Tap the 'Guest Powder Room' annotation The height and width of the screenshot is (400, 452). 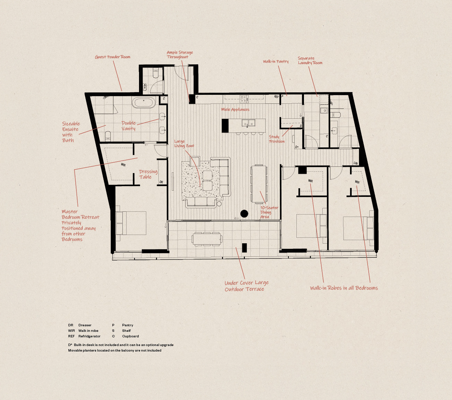[x=113, y=57]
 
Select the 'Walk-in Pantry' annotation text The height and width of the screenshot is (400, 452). [x=276, y=62]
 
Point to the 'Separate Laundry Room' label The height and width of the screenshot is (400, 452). [x=310, y=61]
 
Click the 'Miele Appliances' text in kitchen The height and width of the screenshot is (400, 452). [x=235, y=110]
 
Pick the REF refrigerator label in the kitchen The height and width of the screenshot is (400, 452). [x=276, y=97]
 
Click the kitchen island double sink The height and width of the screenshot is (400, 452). [x=249, y=123]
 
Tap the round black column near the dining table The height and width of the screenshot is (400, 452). [x=245, y=213]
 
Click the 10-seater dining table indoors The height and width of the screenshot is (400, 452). [x=259, y=184]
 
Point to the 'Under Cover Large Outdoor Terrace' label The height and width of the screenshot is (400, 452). [x=246, y=286]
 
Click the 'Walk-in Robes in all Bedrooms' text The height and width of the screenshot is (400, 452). [x=344, y=288]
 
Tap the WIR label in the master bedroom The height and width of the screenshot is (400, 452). [x=123, y=165]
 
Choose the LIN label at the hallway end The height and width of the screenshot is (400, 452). [x=356, y=163]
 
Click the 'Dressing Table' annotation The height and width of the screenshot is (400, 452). [x=148, y=174]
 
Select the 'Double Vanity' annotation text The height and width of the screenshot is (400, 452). [x=128, y=126]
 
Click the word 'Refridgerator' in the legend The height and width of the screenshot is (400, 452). [x=89, y=336]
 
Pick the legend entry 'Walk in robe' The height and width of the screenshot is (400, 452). [x=88, y=331]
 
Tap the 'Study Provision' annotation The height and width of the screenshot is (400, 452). [x=277, y=139]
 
